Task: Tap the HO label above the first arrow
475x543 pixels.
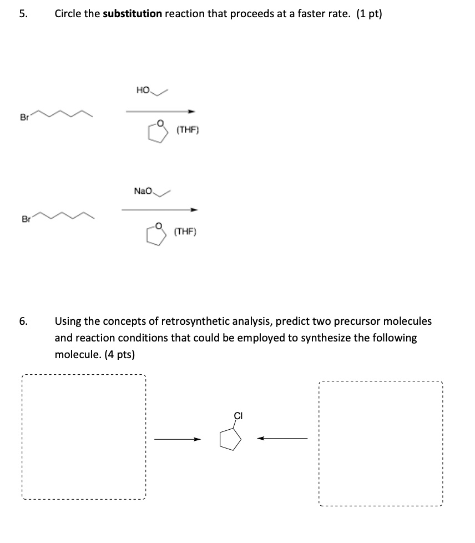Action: click(x=142, y=90)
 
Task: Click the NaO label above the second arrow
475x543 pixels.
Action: click(x=143, y=190)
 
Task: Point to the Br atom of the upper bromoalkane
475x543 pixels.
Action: click(x=24, y=118)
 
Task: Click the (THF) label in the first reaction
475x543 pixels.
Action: click(x=187, y=130)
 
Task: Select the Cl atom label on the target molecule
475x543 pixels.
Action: click(x=239, y=415)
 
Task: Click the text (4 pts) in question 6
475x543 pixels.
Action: click(x=119, y=354)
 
